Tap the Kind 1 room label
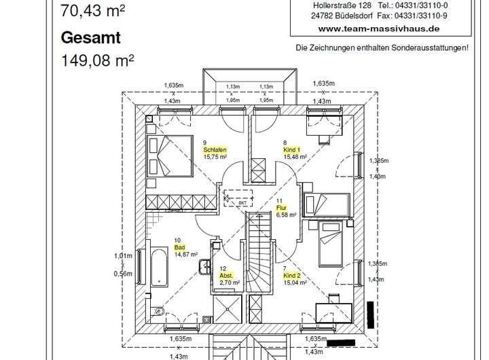(292, 149)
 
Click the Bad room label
(179, 247)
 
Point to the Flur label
(280, 208)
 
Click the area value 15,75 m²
(214, 156)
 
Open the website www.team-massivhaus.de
(378, 29)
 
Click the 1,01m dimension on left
(122, 256)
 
